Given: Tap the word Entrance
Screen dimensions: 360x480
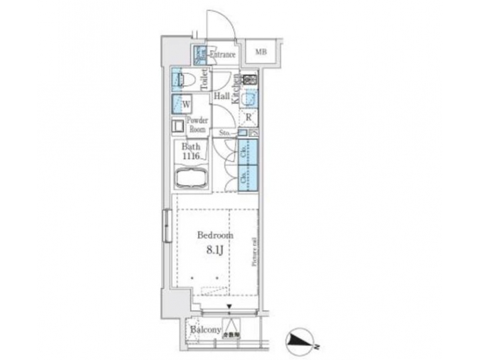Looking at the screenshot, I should [222, 54].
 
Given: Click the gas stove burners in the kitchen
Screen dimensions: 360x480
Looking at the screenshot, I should [249, 80].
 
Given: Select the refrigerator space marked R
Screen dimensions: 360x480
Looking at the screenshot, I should [248, 119].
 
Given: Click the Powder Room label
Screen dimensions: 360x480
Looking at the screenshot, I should [197, 125].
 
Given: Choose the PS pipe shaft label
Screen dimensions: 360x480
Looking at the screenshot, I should [253, 133].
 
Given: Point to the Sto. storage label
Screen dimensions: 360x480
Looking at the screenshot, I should [225, 133].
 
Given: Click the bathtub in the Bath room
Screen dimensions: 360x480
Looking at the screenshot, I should [191, 179].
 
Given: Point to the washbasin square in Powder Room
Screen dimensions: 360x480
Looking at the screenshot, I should [178, 125].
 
